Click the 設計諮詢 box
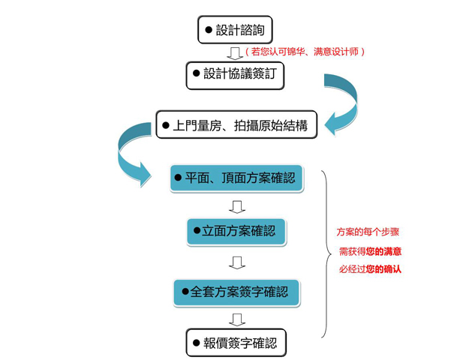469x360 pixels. click(x=234, y=31)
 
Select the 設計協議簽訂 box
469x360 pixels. click(x=235, y=75)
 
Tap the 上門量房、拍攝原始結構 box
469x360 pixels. click(x=236, y=124)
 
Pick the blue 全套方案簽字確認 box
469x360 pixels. click(x=236, y=290)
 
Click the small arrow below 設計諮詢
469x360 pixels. click(x=235, y=52)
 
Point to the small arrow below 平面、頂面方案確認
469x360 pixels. click(x=236, y=205)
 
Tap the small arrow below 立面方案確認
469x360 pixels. click(x=236, y=262)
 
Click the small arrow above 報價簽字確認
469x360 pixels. click(x=236, y=319)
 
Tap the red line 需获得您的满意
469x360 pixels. click(x=370, y=251)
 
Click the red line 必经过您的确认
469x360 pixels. click(x=370, y=268)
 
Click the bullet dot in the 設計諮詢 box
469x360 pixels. click(x=208, y=31)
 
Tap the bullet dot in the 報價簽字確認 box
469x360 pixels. click(x=197, y=343)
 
